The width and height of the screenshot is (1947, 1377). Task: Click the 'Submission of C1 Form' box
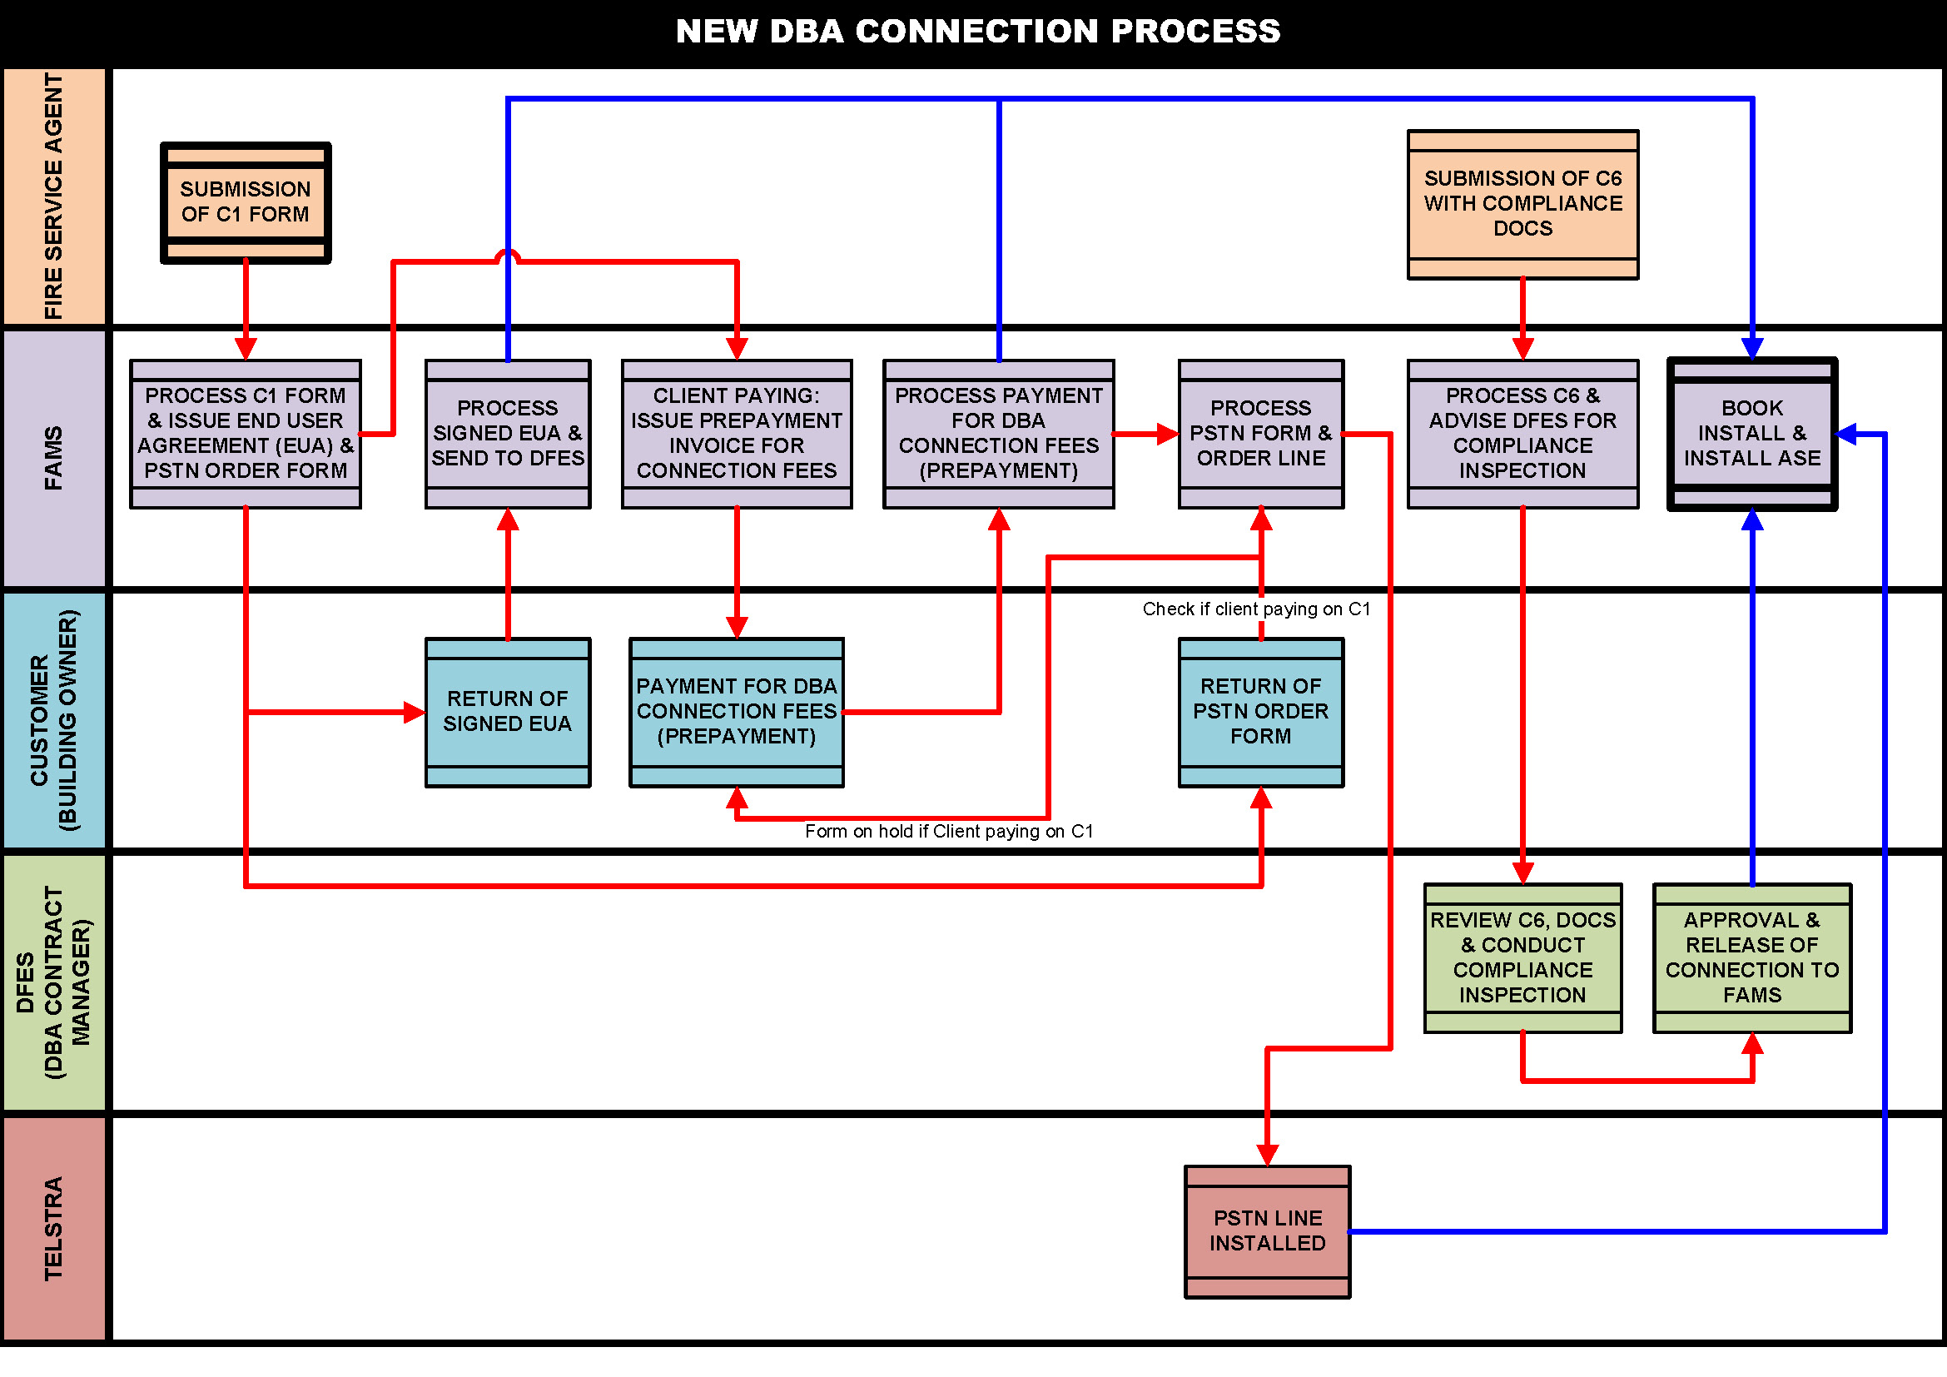(x=245, y=202)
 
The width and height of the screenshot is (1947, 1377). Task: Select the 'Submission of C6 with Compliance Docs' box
(x=1522, y=204)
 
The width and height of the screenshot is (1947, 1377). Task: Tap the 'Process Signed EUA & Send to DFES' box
(x=507, y=433)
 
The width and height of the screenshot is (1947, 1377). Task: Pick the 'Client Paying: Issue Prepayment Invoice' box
(x=736, y=433)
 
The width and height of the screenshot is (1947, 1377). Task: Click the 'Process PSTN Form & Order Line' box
(x=1260, y=433)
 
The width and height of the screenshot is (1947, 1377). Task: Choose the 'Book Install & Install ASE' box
(x=1751, y=433)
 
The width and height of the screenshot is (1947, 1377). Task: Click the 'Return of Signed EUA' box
(x=507, y=711)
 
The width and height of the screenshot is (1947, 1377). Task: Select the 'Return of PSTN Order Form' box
(x=1260, y=711)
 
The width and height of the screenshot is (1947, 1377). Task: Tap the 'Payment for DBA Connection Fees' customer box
(x=736, y=711)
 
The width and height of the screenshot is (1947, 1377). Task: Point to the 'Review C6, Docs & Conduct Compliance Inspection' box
(x=1522, y=957)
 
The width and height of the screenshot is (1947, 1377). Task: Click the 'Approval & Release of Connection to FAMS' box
(x=1751, y=957)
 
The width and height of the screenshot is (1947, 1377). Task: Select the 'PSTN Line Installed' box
(x=1267, y=1230)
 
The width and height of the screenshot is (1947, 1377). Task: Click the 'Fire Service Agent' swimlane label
(x=53, y=196)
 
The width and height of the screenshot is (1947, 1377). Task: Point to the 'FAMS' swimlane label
(x=53, y=458)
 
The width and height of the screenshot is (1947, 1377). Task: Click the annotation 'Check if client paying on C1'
(x=1255, y=609)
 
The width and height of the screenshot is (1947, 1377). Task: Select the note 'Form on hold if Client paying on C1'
(x=948, y=831)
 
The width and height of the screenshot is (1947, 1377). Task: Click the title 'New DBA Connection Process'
(x=978, y=32)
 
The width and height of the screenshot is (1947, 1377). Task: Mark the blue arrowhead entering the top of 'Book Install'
(x=1752, y=350)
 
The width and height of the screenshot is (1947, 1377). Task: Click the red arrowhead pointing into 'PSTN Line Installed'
(x=1267, y=1155)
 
